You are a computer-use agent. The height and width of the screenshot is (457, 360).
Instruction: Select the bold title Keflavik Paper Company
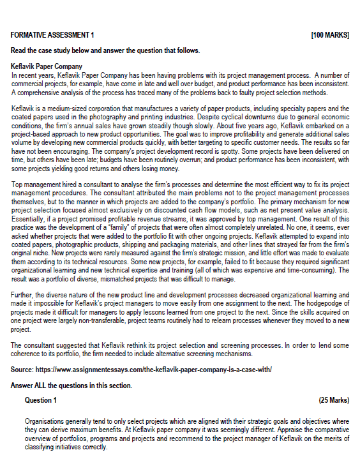point(47,66)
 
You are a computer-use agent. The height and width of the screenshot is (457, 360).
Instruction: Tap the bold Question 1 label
point(41,400)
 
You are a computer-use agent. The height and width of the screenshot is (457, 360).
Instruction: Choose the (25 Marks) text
point(333,400)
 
